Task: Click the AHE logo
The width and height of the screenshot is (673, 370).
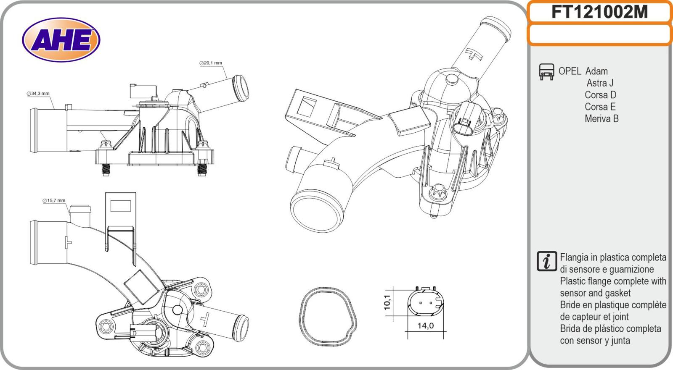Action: click(x=61, y=39)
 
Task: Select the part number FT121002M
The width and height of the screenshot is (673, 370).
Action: click(x=600, y=12)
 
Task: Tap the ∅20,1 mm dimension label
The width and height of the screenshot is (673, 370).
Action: click(x=211, y=63)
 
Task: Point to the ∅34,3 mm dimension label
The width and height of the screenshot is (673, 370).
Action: click(x=38, y=94)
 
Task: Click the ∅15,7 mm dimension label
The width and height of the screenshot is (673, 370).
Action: click(x=54, y=200)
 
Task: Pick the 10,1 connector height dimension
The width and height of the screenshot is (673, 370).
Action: click(x=387, y=302)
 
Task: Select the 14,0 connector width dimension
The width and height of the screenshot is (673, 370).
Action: click(x=425, y=325)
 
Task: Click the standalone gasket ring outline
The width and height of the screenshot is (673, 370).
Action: click(x=328, y=317)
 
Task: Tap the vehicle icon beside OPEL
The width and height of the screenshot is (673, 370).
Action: click(x=546, y=72)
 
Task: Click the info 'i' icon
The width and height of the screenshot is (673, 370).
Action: click(x=547, y=261)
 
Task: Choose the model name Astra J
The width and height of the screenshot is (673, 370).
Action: click(x=600, y=83)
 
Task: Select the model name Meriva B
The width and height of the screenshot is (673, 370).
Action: click(x=601, y=119)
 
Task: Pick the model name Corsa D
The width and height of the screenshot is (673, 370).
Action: click(x=600, y=95)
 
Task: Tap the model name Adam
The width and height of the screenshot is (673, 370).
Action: click(x=596, y=71)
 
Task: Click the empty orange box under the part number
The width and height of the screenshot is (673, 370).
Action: click(x=600, y=34)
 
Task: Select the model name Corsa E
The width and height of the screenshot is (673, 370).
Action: click(x=600, y=107)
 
